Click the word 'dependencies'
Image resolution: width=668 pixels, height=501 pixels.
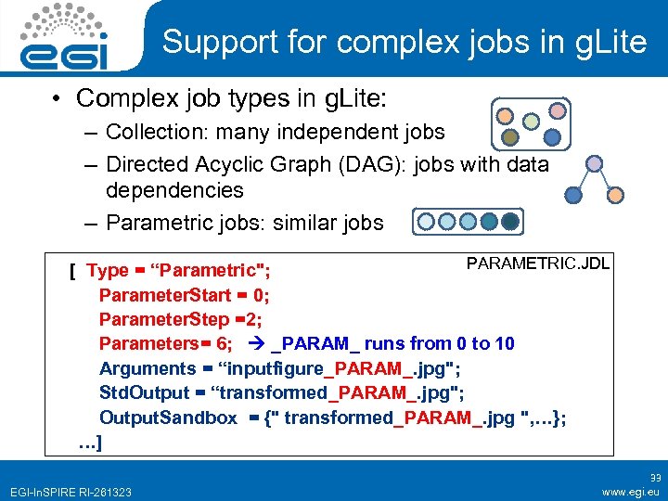pos(174,190)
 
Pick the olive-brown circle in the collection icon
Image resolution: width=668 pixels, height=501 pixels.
pos(508,137)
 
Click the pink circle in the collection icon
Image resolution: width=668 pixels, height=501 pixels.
pos(557,110)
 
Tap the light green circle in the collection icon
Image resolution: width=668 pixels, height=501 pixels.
pos(531,121)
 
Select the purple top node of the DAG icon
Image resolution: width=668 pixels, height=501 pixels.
pos(595,163)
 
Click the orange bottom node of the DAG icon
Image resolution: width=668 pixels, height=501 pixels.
pos(615,195)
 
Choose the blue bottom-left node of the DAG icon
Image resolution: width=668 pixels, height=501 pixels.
pos(574,195)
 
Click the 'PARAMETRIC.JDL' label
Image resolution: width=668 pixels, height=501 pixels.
pos(537,263)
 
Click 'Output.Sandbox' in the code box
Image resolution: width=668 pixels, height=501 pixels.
pos(168,417)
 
